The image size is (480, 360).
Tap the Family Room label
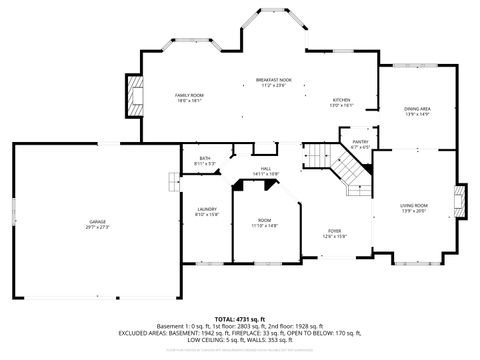190,94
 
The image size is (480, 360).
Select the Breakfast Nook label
272,80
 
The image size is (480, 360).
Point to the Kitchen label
341,101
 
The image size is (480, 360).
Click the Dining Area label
417,108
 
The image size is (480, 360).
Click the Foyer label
333,230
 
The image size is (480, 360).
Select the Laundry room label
207,208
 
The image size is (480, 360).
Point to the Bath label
204,157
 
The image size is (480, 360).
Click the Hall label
266,168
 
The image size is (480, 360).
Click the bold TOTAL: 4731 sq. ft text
239,318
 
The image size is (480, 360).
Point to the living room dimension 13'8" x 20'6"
413,211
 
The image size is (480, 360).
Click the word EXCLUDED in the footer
176,333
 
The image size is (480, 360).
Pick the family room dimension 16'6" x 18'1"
190,100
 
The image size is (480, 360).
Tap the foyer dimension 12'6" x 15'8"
333,236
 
